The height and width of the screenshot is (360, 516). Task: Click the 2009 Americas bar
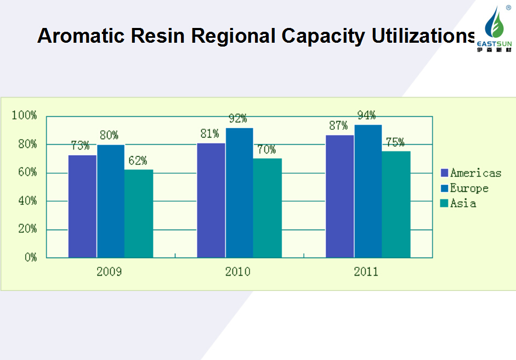pos(82,206)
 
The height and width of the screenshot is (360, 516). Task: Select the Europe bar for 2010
pos(240,192)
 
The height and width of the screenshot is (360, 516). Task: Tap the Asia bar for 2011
pos(396,204)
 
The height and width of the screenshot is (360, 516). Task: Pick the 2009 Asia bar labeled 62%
pos(139,213)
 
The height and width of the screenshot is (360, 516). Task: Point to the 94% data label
pos(366,115)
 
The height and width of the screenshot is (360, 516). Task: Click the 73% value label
pos(80,146)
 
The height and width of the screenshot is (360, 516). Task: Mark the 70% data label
pos(266,150)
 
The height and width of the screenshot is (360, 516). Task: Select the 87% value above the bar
pos(338,125)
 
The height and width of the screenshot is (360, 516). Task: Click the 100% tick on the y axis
pos(24,116)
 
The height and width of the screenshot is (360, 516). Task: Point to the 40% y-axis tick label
pos(26,201)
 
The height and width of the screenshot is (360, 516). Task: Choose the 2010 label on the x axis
pos(238,272)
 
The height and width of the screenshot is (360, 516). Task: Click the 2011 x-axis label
pos(366,272)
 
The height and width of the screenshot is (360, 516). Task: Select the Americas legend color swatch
pos(445,173)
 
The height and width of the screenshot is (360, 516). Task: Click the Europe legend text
pos(469,188)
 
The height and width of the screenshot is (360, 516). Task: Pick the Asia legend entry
pos(463,204)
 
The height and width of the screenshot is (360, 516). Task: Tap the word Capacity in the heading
pos(323,36)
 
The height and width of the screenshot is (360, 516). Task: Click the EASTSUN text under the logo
pos(494,43)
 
